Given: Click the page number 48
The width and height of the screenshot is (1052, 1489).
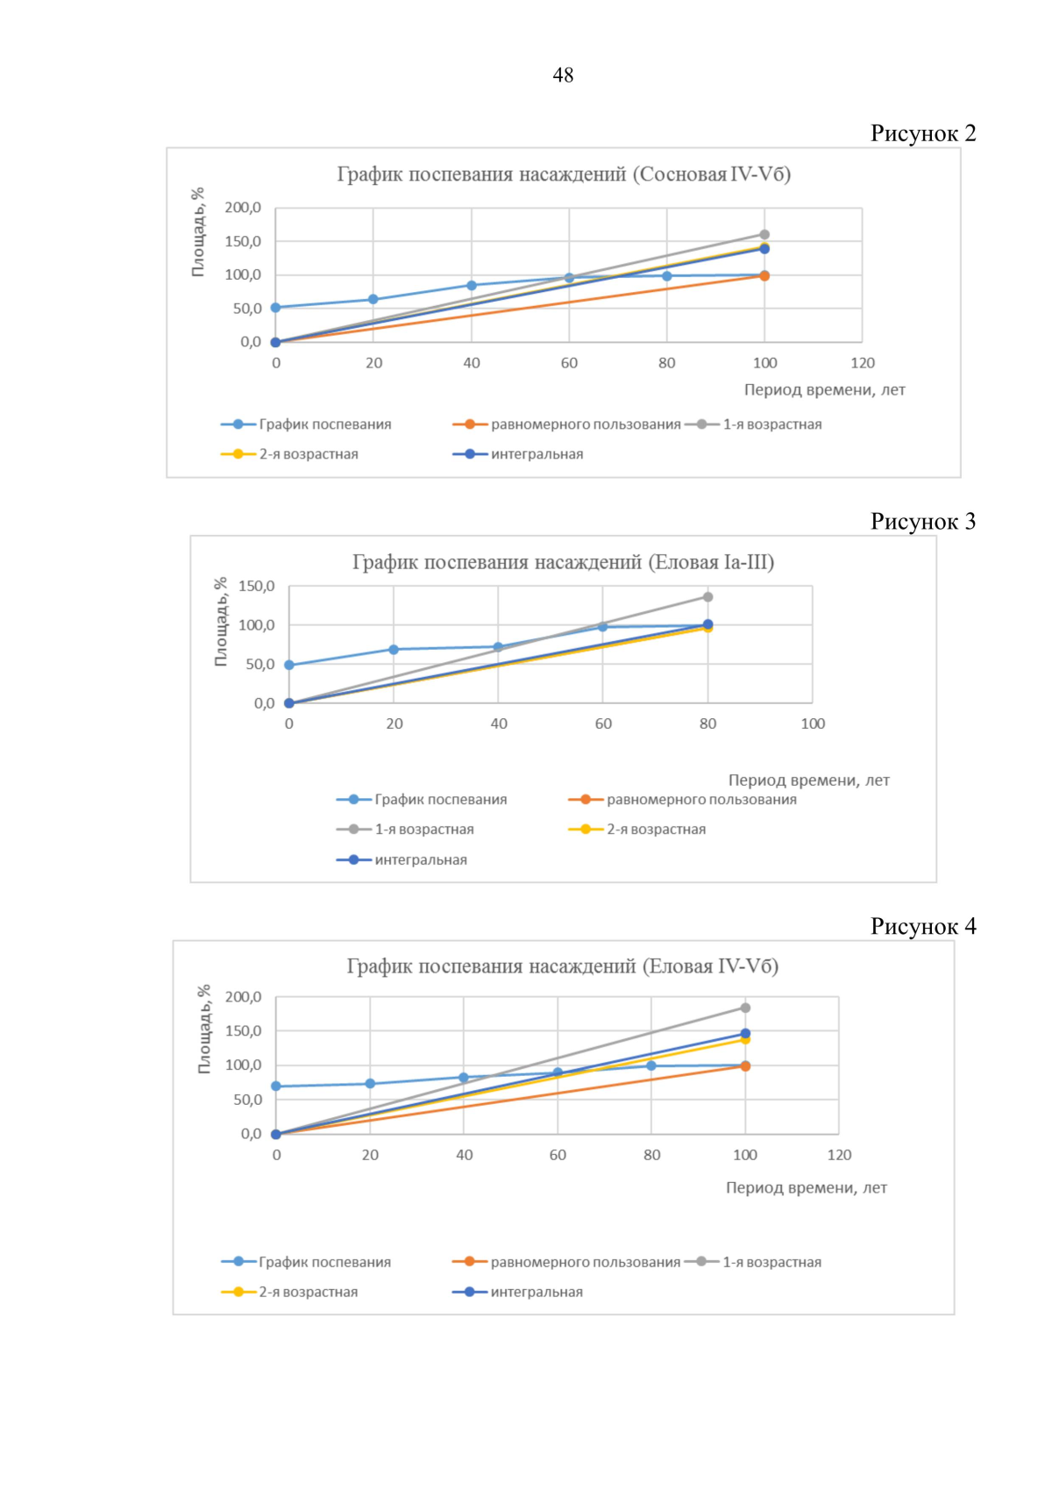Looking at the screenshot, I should coord(563,75).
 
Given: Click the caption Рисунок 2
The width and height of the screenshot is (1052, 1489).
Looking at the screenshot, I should coord(922,133).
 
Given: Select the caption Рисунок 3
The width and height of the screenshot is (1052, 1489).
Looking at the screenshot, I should coord(922,522).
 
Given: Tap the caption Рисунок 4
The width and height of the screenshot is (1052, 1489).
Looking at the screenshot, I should coord(922,927).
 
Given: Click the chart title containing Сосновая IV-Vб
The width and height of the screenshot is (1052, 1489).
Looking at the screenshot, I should coord(564,175).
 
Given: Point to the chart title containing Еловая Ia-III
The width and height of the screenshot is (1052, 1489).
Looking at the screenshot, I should coord(563,562).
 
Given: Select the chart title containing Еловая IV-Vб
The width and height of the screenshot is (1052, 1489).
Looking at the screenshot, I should coord(562,966).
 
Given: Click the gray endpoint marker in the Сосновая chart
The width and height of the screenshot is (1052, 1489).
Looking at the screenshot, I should coord(764,234).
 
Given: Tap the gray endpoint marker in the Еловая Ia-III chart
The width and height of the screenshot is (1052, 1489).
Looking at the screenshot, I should coord(708,597).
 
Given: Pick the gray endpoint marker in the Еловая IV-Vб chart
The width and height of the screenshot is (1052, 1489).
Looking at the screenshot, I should coord(745,1008).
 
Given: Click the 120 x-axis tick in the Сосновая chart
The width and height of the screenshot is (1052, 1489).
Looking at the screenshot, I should coord(863,363).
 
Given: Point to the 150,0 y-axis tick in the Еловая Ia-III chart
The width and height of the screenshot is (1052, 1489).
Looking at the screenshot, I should coord(256,587).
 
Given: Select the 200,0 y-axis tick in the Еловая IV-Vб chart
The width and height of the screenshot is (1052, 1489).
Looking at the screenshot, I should coord(243,997).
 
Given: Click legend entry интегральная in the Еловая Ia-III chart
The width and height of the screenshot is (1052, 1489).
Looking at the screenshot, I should coord(420,860).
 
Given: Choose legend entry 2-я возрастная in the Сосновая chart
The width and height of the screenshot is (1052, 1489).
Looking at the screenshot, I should coord(308,454).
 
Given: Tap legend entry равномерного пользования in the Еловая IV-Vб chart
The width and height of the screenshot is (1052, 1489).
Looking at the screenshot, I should coord(585,1262).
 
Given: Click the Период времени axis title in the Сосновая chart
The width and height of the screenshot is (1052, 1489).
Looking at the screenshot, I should coord(824,390).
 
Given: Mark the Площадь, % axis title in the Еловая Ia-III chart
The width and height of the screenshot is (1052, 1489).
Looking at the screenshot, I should coord(221,622).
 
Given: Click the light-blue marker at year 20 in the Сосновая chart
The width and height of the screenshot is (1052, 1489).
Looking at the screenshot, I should coord(373,299).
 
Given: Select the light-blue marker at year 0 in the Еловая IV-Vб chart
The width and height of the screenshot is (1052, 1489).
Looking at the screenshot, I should coord(276,1086).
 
